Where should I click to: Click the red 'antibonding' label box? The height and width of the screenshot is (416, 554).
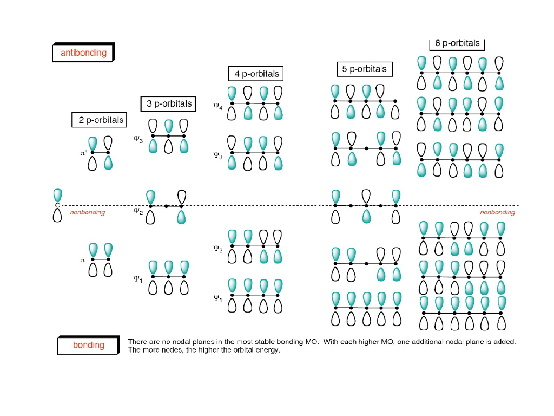[83, 53]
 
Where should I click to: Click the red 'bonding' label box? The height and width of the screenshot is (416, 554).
[88, 345]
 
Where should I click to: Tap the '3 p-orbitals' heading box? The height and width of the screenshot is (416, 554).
[169, 103]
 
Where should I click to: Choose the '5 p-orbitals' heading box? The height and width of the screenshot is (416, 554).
[364, 69]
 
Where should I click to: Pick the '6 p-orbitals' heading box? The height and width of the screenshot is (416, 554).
[457, 43]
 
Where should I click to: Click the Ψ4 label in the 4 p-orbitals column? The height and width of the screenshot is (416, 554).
[217, 107]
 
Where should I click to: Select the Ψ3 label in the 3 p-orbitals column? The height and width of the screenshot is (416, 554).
[138, 140]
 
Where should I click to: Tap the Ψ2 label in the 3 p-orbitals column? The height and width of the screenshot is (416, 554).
[138, 212]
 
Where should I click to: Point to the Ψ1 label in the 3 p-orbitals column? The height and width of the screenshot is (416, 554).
[138, 279]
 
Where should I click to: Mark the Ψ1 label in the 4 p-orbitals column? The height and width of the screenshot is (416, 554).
[217, 298]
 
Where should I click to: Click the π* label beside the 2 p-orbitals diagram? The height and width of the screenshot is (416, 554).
[83, 153]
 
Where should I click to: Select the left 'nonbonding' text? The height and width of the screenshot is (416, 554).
[87, 213]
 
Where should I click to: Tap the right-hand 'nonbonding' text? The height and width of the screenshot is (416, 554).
[497, 213]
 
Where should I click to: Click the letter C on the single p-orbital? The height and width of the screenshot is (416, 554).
[57, 205]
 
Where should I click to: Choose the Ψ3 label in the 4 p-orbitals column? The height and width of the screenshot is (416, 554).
[217, 156]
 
